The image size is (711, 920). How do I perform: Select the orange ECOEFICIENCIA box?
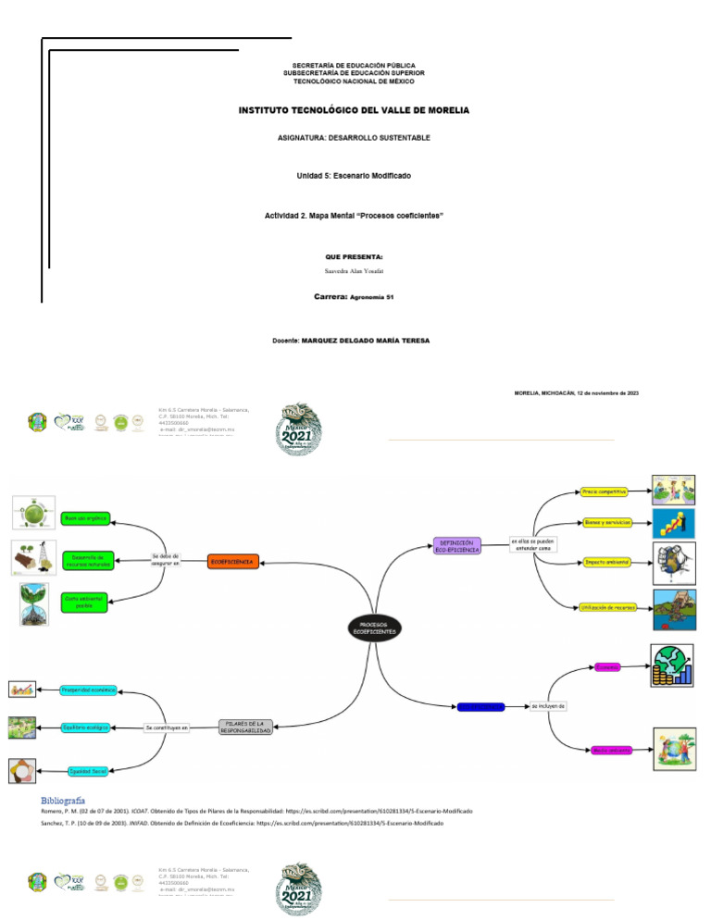[x=232, y=562]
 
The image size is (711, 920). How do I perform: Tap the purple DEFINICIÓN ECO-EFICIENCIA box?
[x=457, y=546]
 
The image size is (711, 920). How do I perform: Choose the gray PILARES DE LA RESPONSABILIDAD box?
[x=245, y=727]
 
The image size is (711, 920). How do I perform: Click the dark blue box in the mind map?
[x=480, y=707]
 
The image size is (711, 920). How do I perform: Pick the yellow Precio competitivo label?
[x=605, y=491]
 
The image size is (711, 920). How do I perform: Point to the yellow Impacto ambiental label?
[x=606, y=562]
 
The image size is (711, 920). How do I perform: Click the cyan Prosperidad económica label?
[x=89, y=690]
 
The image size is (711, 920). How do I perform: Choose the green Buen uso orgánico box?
[x=85, y=518]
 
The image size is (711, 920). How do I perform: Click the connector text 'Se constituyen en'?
[x=167, y=727]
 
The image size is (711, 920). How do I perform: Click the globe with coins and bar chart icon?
[x=671, y=665]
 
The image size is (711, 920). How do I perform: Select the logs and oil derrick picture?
[x=33, y=558]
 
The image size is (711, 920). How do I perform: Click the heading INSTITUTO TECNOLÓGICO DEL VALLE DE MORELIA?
[x=355, y=110]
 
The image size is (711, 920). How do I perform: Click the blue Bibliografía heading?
[x=63, y=799]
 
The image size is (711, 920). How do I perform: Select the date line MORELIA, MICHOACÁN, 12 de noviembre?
[x=576, y=393]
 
